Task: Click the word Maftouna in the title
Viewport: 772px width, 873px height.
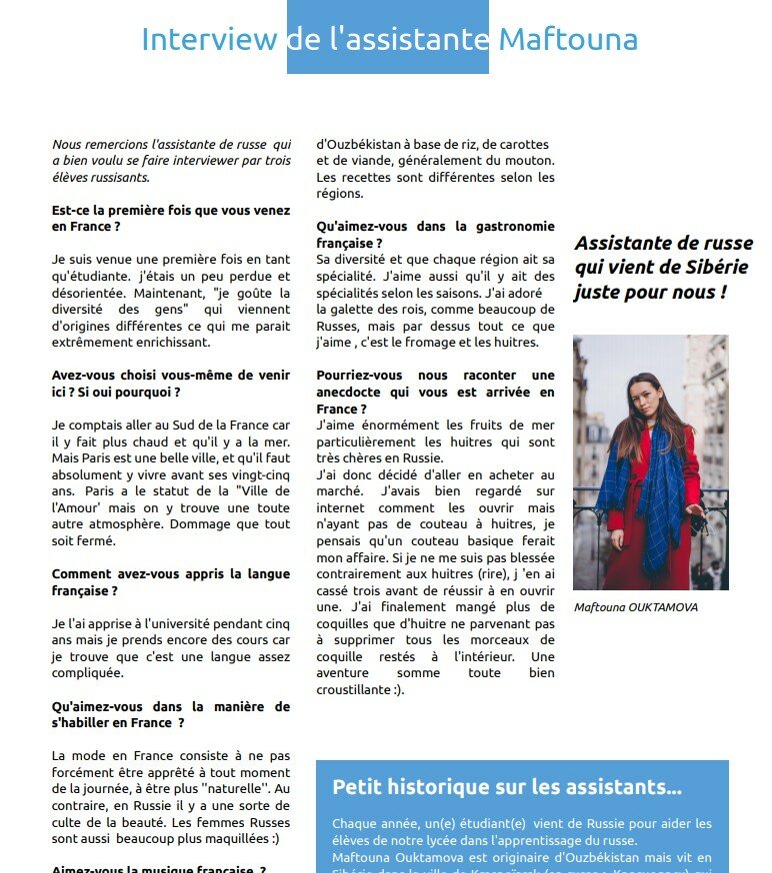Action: (x=567, y=39)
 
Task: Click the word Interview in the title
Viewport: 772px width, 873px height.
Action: (x=208, y=39)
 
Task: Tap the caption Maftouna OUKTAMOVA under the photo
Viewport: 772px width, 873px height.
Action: (x=636, y=606)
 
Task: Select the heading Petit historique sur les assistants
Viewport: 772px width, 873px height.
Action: (x=507, y=787)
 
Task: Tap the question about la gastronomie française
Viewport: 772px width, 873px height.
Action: (x=435, y=234)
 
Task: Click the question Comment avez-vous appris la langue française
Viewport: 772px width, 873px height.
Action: (x=171, y=582)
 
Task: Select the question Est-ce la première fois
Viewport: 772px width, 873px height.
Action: (x=171, y=219)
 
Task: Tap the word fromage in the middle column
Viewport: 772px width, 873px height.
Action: (x=449, y=342)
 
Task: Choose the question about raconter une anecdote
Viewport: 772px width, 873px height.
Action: (x=435, y=392)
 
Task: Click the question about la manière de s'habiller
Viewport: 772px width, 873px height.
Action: (x=171, y=714)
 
